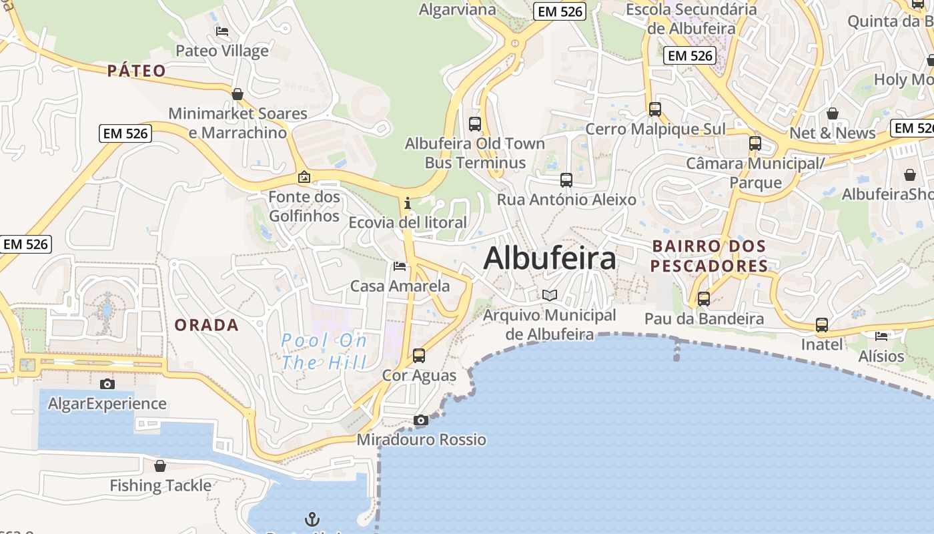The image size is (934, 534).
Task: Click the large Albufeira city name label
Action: click(549, 258)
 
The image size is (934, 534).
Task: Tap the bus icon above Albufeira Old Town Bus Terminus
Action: click(475, 123)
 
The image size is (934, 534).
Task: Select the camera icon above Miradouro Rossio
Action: click(420, 420)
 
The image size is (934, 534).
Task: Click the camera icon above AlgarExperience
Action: click(107, 384)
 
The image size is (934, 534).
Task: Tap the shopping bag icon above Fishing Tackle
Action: click(160, 466)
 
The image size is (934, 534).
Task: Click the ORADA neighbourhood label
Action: click(206, 325)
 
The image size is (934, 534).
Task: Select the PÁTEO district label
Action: click(137, 71)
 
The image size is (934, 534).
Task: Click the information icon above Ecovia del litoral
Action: click(407, 203)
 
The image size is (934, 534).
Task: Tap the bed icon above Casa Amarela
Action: click(400, 266)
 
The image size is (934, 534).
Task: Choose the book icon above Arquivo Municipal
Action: click(550, 295)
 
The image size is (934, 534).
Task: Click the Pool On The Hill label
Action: click(324, 351)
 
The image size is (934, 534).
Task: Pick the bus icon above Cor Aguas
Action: click(419, 356)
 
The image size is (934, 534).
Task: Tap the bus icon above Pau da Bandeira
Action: click(704, 299)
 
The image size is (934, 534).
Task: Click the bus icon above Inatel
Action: click(822, 325)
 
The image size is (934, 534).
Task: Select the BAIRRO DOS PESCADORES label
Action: click(709, 256)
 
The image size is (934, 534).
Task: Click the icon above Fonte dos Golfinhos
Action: click(304, 177)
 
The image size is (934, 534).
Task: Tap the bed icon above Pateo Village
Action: click(222, 31)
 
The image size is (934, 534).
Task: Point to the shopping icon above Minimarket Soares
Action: click(238, 94)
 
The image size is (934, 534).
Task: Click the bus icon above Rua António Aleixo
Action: click(566, 180)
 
